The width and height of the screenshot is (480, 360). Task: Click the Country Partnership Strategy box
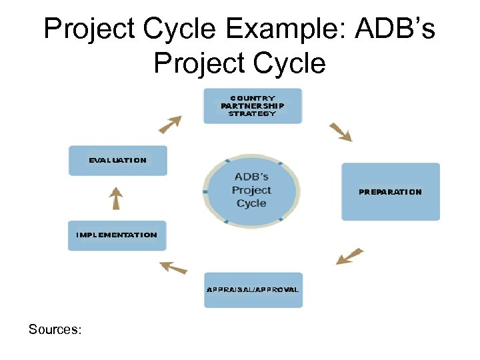(253, 106)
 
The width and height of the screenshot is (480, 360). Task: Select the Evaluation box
(117, 161)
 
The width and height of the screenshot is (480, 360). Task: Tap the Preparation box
(391, 191)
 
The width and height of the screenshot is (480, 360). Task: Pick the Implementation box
(117, 235)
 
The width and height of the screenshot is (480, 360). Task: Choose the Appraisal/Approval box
(253, 290)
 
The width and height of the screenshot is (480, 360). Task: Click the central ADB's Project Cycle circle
(252, 190)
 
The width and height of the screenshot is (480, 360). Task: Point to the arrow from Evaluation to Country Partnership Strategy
(170, 124)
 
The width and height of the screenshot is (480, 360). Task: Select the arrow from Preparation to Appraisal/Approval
(349, 257)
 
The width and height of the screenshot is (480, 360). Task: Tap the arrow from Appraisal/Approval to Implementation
(173, 267)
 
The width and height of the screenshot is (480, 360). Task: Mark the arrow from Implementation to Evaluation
(117, 198)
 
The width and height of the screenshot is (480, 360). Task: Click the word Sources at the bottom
(54, 329)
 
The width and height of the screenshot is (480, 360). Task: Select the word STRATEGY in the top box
(252, 113)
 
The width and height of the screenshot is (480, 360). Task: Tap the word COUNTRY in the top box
(253, 98)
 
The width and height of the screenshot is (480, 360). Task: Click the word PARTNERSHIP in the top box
(253, 105)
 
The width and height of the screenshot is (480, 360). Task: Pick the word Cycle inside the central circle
(251, 203)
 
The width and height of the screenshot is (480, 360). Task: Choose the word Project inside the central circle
(251, 190)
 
